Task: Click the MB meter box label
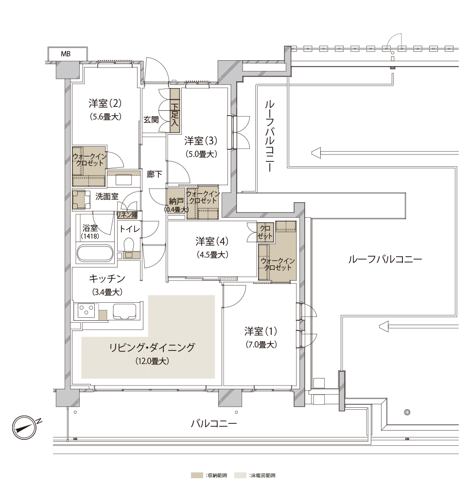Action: (x=66, y=54)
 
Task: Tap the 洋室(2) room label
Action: (x=105, y=103)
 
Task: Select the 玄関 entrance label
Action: (x=151, y=120)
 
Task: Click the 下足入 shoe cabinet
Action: (x=175, y=111)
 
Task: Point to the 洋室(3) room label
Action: (x=201, y=141)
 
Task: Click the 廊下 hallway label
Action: (x=155, y=174)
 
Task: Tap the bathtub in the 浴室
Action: (x=95, y=253)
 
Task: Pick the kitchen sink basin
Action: (x=124, y=312)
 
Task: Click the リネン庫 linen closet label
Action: (x=127, y=215)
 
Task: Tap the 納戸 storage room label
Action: (x=176, y=202)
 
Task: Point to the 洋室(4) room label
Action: (x=212, y=241)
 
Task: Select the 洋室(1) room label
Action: (x=261, y=331)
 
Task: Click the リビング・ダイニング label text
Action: (x=152, y=347)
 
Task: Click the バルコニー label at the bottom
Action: (x=213, y=423)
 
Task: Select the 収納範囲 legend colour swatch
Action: (x=197, y=475)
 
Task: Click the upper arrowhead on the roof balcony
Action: (x=316, y=153)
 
